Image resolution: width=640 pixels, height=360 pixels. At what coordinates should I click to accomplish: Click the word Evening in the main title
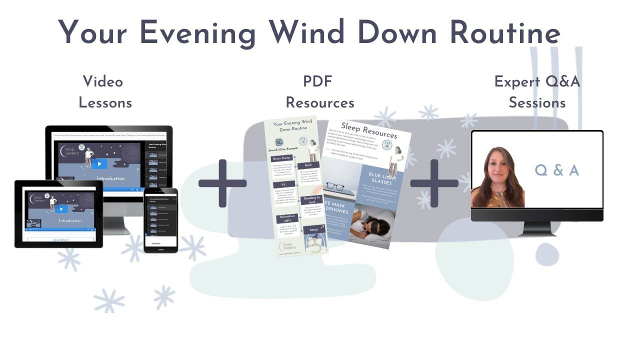(197, 33)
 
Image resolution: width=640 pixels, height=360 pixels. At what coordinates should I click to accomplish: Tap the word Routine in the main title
(504, 33)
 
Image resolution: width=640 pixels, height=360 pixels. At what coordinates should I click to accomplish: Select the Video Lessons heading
(104, 92)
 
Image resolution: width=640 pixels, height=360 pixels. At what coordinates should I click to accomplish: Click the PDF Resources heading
(319, 92)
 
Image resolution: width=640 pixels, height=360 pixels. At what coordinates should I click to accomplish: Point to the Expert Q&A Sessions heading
(537, 92)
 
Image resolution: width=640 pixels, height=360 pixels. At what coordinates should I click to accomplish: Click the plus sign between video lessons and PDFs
(222, 183)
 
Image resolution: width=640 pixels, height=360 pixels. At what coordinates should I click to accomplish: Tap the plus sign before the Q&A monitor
(434, 183)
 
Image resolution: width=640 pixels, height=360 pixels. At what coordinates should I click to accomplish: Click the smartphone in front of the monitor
(160, 220)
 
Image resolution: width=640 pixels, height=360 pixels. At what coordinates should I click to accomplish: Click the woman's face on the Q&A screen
(495, 167)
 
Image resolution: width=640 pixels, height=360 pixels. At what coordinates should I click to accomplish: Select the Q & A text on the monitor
(556, 170)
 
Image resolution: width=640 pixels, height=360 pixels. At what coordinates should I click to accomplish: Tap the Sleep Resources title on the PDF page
(369, 130)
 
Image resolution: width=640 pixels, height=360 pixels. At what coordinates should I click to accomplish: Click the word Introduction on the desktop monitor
(110, 178)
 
